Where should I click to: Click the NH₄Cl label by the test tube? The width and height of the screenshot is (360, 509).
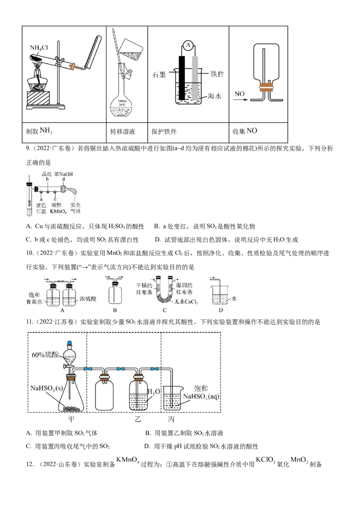point(39,48)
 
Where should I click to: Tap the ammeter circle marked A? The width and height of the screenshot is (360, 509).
point(188,45)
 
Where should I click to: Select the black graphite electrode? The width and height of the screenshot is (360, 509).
point(182,78)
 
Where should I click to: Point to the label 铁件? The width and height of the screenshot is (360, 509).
point(217,74)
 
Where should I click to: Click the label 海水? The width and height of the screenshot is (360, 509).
point(215,96)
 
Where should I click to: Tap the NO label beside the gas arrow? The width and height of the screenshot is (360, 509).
point(239,94)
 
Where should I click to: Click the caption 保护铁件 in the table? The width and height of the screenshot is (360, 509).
point(164,131)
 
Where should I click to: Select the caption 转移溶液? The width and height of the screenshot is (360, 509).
point(122,131)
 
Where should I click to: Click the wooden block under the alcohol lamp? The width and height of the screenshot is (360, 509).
point(38,98)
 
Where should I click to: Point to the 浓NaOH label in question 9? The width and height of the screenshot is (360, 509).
point(64,174)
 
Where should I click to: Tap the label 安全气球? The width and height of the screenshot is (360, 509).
point(76,208)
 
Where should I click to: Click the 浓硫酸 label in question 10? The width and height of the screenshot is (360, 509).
point(88,299)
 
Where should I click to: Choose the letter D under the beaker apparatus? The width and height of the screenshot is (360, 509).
point(221,310)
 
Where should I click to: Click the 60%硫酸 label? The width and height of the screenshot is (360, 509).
point(45,355)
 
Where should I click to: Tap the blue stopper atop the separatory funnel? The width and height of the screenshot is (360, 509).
point(69,343)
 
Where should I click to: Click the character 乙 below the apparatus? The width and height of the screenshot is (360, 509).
point(138,420)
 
